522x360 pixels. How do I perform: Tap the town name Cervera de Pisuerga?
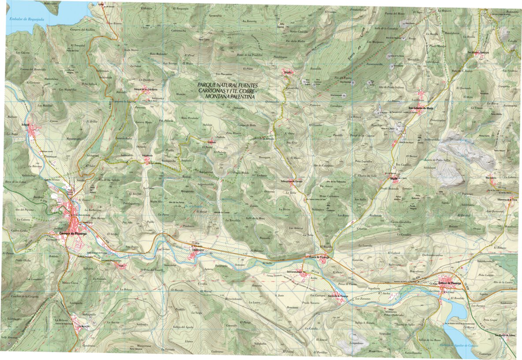72,233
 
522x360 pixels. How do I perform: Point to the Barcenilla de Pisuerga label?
338,296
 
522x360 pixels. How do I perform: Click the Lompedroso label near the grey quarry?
359,343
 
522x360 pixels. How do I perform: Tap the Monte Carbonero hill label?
329,195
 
